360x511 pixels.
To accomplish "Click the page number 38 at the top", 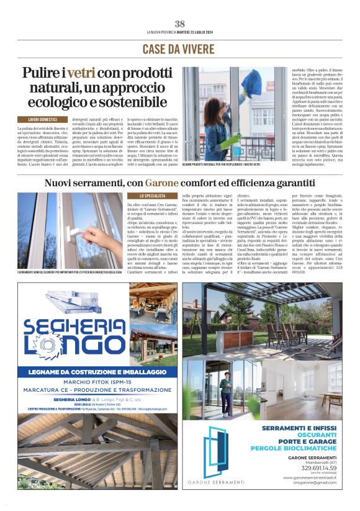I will click(x=180, y=24).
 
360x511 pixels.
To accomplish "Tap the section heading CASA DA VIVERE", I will click(x=180, y=49).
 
